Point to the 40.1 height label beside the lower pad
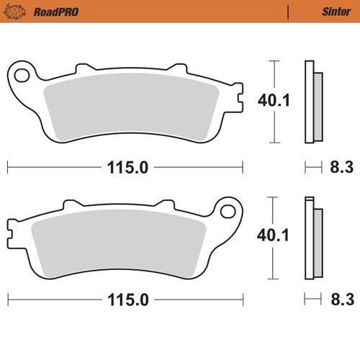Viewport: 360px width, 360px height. [x=274, y=234]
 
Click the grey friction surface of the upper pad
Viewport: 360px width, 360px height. [x=130, y=108]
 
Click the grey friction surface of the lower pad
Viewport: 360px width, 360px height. [x=122, y=241]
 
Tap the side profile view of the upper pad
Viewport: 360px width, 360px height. [x=312, y=101]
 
